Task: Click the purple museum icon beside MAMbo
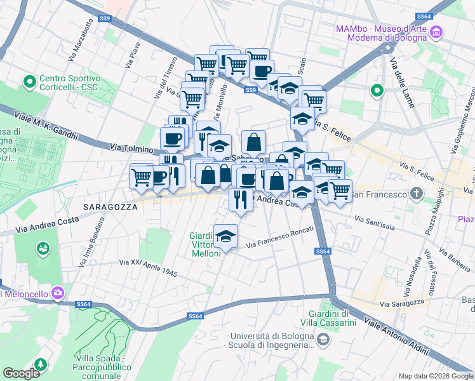point(436,32)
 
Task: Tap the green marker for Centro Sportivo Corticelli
point(29,82)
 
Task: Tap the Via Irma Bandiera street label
point(91,244)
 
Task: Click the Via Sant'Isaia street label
point(377,220)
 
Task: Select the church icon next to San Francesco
point(416,193)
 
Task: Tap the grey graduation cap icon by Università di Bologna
point(323,342)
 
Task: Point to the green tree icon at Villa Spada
point(41,364)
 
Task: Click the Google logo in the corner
point(22,373)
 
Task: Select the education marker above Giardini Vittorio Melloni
point(225,236)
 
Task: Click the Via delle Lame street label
point(403,83)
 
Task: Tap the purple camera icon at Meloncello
point(58,293)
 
